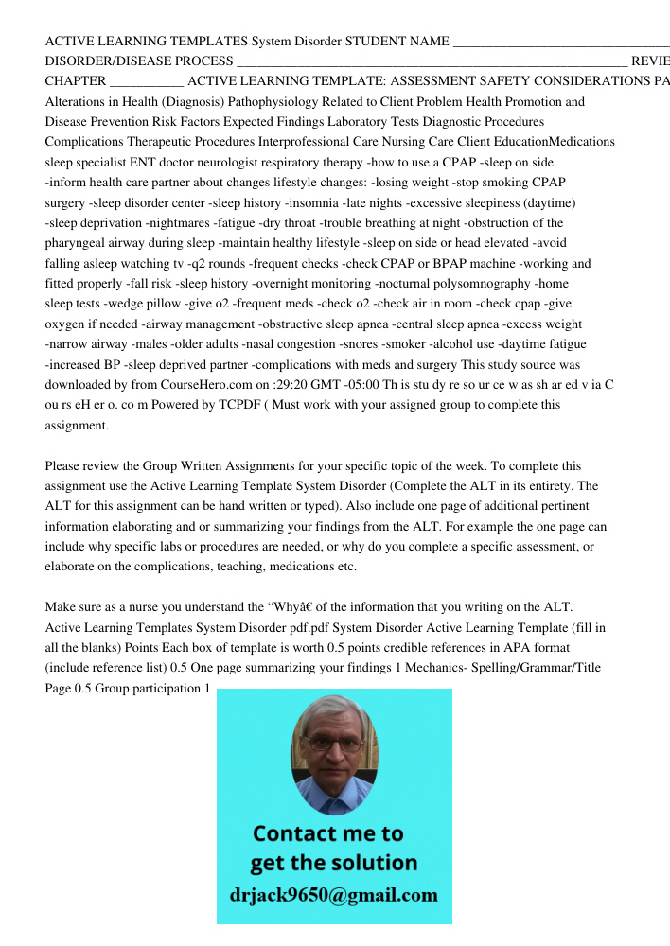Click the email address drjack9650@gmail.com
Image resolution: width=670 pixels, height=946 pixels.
coord(334,895)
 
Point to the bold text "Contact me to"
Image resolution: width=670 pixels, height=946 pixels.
coord(327,833)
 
